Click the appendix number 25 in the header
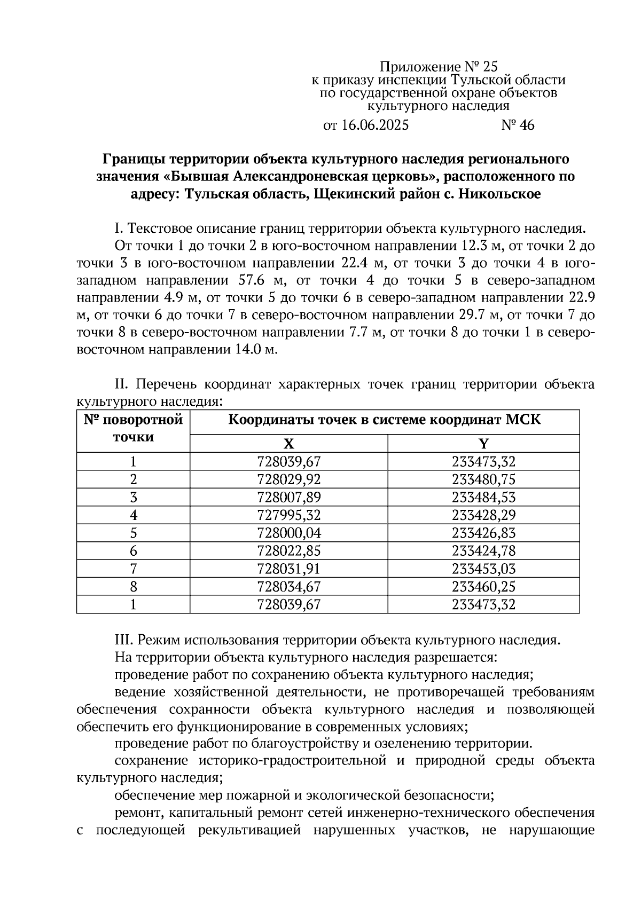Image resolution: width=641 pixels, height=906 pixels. pos(490,67)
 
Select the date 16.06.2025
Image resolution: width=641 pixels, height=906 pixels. pos(374,125)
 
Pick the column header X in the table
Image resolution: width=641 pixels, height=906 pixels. pos(288,444)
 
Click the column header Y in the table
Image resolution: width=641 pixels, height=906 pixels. pos(483,444)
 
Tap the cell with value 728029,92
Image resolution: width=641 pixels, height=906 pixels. pos(288,479)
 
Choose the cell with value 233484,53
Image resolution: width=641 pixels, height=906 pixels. pos(483,497)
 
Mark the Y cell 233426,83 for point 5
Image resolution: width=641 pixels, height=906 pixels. pos(483,533)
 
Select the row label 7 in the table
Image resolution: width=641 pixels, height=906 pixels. pos(133,569)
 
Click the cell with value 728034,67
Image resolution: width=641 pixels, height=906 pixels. pos(288,587)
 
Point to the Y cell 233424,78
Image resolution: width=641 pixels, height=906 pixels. pos(483,550)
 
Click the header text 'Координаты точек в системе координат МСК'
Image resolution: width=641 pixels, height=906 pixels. pos(385,420)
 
